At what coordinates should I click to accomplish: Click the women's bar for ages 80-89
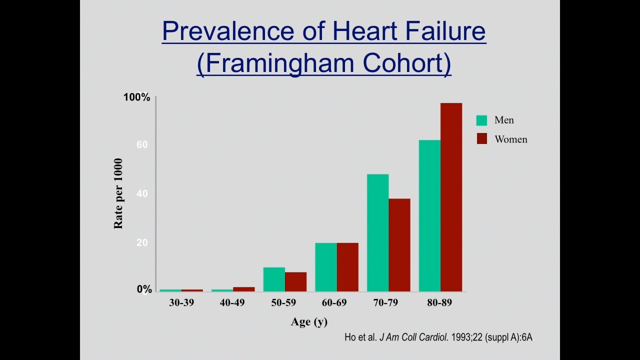[451, 197]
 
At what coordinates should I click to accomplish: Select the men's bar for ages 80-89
[429, 215]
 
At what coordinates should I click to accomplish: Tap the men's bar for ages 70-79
[377, 233]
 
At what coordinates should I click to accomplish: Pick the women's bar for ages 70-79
[399, 245]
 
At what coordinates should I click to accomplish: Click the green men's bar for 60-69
[326, 267]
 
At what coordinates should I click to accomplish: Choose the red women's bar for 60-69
[347, 267]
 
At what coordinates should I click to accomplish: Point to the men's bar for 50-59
[274, 279]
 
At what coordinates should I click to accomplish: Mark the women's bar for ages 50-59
[295, 282]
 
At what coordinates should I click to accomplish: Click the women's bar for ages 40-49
[243, 289]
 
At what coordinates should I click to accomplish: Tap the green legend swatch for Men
[481, 120]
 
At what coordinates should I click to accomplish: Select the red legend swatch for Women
[481, 139]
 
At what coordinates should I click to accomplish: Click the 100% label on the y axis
[136, 97]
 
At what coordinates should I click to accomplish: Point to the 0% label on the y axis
[144, 289]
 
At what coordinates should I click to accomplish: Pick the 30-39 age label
[181, 302]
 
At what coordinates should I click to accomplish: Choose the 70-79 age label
[385, 302]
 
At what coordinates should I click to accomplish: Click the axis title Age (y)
[309, 322]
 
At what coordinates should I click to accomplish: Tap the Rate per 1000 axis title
[118, 193]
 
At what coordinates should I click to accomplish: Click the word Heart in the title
[365, 30]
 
